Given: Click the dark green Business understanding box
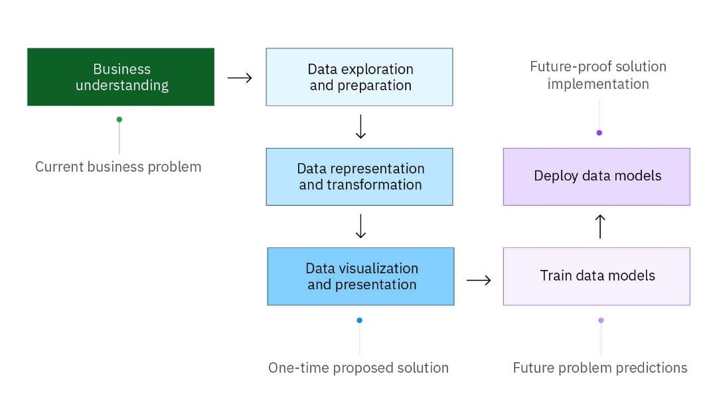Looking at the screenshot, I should (x=121, y=77).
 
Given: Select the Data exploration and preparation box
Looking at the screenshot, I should (x=359, y=77).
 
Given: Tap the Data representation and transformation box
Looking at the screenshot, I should (x=359, y=176).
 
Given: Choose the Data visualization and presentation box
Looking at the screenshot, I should (x=360, y=277).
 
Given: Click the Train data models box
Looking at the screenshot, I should (x=596, y=277).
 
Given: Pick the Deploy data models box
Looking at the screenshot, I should (x=596, y=176).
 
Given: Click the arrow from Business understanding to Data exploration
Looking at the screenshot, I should (x=240, y=78).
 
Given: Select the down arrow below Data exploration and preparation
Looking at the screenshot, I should (x=360, y=127).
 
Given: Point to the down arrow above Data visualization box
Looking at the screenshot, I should (x=360, y=226).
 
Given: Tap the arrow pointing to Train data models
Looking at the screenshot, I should (x=479, y=280).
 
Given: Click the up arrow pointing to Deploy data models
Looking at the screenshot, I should (x=600, y=226).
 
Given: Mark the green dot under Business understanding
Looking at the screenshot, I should (x=119, y=119).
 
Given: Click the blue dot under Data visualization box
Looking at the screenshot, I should (x=360, y=320).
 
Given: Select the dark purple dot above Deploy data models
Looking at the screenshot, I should (x=599, y=133).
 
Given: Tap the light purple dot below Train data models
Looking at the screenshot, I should (x=601, y=320).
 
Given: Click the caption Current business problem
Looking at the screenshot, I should (x=118, y=167).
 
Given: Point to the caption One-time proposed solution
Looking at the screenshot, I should (x=358, y=367).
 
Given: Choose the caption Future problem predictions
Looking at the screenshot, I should (x=600, y=367).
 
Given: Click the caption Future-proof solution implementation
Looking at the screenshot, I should (x=598, y=76).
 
